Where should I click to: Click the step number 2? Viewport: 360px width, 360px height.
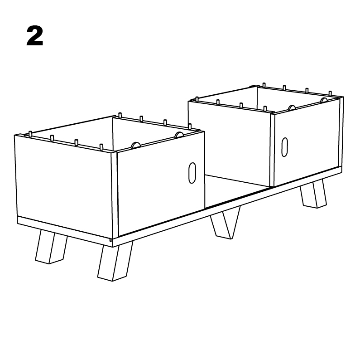click(35, 36)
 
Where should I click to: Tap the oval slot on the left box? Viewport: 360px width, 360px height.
click(192, 173)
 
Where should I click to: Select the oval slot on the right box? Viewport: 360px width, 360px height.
click(285, 146)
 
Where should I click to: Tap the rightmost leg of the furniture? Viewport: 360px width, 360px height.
click(314, 194)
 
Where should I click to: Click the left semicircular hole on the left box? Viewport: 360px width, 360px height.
click(135, 146)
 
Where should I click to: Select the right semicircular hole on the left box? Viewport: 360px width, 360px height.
click(179, 135)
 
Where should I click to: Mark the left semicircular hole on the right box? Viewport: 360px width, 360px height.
click(292, 108)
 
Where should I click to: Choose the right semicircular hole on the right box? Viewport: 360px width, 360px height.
click(324, 99)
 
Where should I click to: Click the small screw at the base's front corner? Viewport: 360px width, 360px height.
click(111, 238)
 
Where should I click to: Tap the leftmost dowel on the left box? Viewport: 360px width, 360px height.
click(30, 133)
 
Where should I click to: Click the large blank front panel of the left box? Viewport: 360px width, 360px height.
click(63, 181)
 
